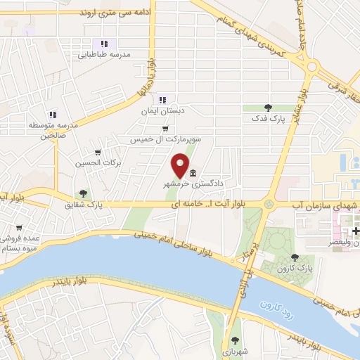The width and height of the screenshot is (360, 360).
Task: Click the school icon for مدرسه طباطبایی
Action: pos(105,44)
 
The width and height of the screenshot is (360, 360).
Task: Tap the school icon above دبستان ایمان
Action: pos(163,100)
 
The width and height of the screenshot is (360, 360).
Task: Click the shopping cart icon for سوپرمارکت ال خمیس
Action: pos(165,129)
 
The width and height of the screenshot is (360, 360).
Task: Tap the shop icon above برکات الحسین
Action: pos(98,153)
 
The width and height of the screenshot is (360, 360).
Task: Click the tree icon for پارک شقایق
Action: pos(84,193)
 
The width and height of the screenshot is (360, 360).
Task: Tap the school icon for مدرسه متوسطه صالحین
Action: pos(53,114)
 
